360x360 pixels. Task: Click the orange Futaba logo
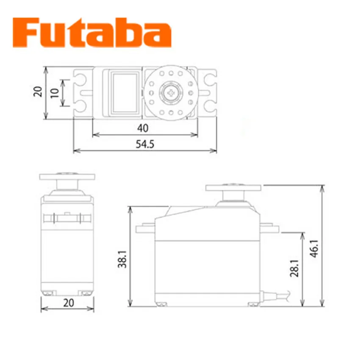click(x=92, y=32)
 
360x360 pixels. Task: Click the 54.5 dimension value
click(x=145, y=144)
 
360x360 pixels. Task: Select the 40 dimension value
click(x=143, y=128)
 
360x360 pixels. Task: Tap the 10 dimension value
click(x=55, y=93)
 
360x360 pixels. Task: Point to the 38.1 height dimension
click(x=122, y=259)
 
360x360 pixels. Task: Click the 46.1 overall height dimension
click(x=315, y=249)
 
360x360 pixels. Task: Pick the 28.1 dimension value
click(x=295, y=268)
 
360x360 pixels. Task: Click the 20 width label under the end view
click(x=69, y=303)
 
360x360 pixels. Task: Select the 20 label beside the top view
click(x=38, y=91)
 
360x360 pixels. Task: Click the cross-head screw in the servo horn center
click(x=171, y=93)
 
